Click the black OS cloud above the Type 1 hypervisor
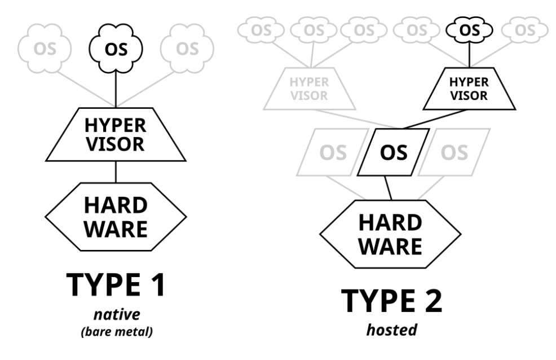pos(116,49)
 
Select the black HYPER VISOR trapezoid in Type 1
pos(116,134)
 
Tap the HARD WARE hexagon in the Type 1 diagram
pos(116,217)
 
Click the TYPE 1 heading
pos(116,284)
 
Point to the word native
pos(117,314)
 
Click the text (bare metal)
pos(117,332)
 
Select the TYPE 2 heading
pos(392,301)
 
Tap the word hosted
pos(391,330)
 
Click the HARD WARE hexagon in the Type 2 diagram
pos(390,234)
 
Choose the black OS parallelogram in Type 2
pos(394,152)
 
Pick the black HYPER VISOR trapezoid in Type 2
pos(469,89)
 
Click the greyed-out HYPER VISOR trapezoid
pos(310,89)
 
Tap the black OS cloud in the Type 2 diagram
pos(470,30)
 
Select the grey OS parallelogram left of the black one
pos(333,152)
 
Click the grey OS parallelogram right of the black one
pos(454,152)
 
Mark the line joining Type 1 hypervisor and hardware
pos(116,172)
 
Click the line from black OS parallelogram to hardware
pos(389,188)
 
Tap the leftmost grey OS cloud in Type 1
pos(45,49)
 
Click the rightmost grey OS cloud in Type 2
pos(525,30)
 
